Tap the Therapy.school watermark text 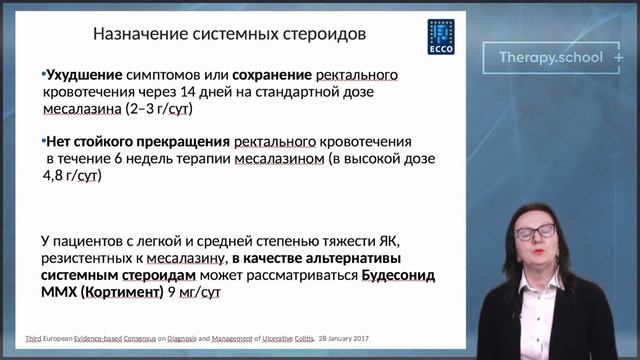coord(551,57)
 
